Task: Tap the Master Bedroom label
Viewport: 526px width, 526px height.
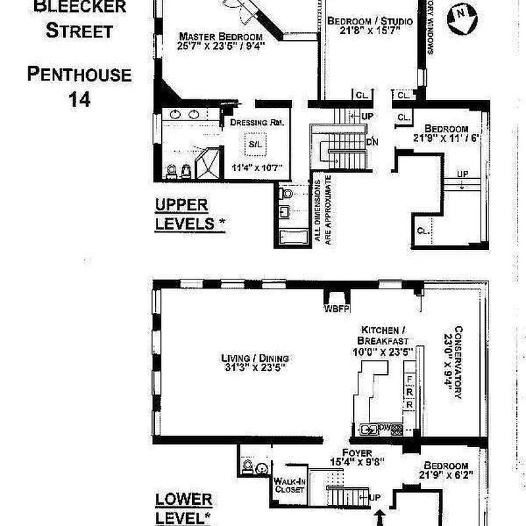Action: point(222,37)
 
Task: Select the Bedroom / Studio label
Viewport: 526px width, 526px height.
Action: point(370,22)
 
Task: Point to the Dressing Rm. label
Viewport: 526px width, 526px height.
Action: point(256,122)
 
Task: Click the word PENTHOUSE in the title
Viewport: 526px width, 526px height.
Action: point(79,74)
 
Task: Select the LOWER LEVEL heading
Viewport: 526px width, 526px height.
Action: point(185,508)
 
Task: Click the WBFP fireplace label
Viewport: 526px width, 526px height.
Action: point(336,307)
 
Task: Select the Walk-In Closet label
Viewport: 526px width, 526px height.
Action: point(289,485)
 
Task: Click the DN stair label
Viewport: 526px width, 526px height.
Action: point(372,141)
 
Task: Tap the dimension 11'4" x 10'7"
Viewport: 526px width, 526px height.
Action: point(256,168)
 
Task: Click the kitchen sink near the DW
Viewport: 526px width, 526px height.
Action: point(369,430)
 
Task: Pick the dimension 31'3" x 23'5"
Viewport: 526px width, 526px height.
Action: point(255,369)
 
